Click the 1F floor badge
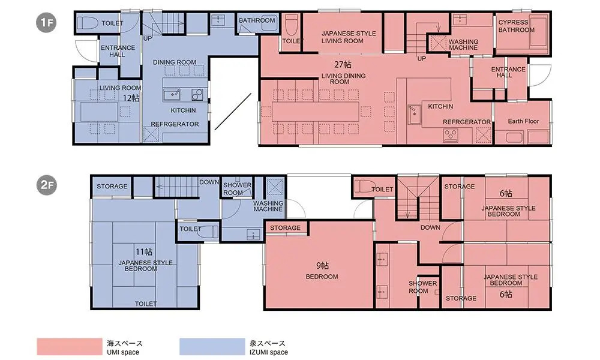tap(47, 23)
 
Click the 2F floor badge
tap(47, 185)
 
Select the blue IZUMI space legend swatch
tap(212, 347)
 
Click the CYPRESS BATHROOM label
tap(516, 26)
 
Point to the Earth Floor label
tap(523, 121)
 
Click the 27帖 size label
tap(343, 64)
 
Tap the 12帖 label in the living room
tap(131, 98)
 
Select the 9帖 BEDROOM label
tap(322, 271)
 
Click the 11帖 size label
tap(144, 252)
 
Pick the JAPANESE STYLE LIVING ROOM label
tap(349, 37)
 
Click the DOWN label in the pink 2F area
tap(430, 227)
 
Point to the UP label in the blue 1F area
tap(148, 38)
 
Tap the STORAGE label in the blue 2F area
tap(112, 187)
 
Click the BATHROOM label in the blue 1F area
tap(257, 20)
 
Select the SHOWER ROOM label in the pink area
tap(422, 287)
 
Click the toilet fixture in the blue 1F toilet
tap(85, 23)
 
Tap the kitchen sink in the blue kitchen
tap(172, 94)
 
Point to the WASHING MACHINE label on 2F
tap(268, 206)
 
